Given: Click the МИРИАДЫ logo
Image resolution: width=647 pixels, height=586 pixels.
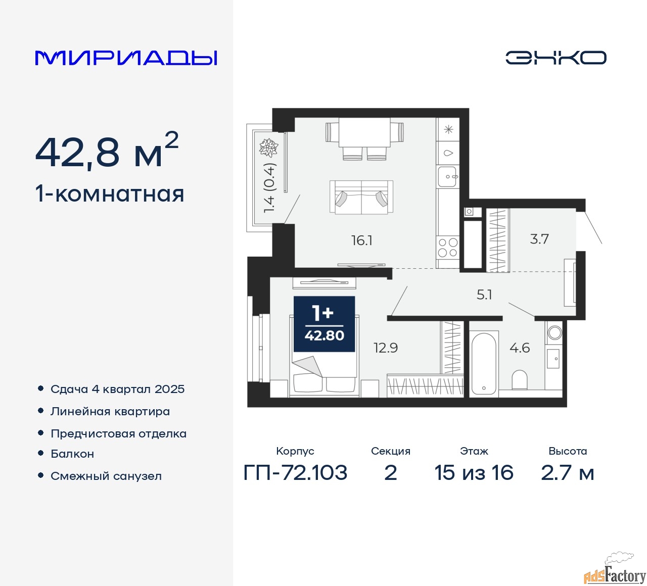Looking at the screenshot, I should [126, 58].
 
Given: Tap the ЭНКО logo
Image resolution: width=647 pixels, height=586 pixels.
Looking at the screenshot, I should [556, 58].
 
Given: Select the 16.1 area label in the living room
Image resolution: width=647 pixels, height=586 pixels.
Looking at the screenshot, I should [362, 240].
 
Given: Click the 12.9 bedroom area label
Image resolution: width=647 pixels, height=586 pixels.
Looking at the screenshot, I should [386, 348].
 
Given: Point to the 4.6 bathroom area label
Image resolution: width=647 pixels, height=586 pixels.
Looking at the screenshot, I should [520, 348].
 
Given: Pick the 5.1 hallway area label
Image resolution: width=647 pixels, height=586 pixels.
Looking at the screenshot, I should [484, 295].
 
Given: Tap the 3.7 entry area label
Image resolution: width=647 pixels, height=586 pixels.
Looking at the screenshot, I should [539, 239].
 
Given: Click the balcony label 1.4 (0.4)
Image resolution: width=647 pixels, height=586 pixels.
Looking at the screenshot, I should [269, 187].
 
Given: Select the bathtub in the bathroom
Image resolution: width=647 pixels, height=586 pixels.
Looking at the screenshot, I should [484, 362].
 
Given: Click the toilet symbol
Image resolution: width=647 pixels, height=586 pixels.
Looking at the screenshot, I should [520, 379].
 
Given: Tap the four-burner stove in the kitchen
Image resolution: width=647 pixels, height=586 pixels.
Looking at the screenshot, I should [448, 248].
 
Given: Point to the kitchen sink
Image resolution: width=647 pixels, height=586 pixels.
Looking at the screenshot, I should [448, 177].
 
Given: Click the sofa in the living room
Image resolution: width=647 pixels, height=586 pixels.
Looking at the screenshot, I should [361, 197].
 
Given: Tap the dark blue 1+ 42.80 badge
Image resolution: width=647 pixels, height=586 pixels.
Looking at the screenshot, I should [325, 324].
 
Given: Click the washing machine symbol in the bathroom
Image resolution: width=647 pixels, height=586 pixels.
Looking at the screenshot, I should [554, 332].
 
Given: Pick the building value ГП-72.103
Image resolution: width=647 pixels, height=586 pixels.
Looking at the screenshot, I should [296, 473].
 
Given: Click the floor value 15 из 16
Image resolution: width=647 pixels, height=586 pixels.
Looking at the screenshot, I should [474, 473].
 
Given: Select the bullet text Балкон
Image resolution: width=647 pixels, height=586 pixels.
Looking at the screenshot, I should [72, 454].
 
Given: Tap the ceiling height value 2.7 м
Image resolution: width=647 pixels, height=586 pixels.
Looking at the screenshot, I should [568, 473].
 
